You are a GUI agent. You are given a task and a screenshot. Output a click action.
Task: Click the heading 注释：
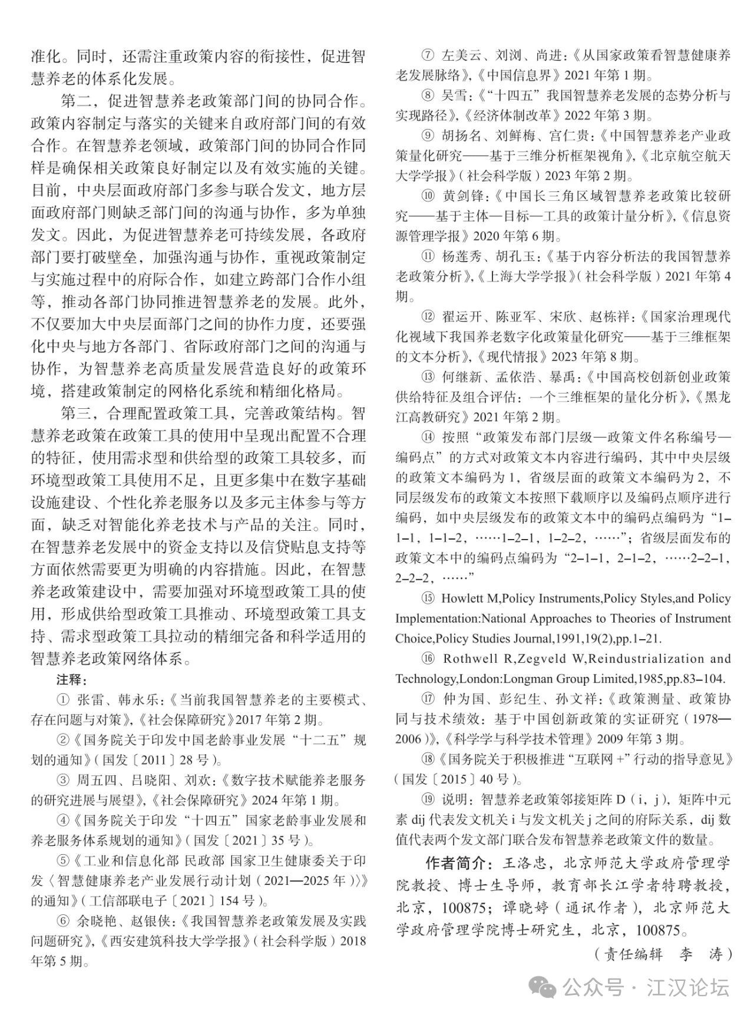(72, 679)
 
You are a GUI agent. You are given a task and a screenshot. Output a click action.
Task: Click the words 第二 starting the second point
(77, 101)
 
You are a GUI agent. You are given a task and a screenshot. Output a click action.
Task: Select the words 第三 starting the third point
(77, 412)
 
